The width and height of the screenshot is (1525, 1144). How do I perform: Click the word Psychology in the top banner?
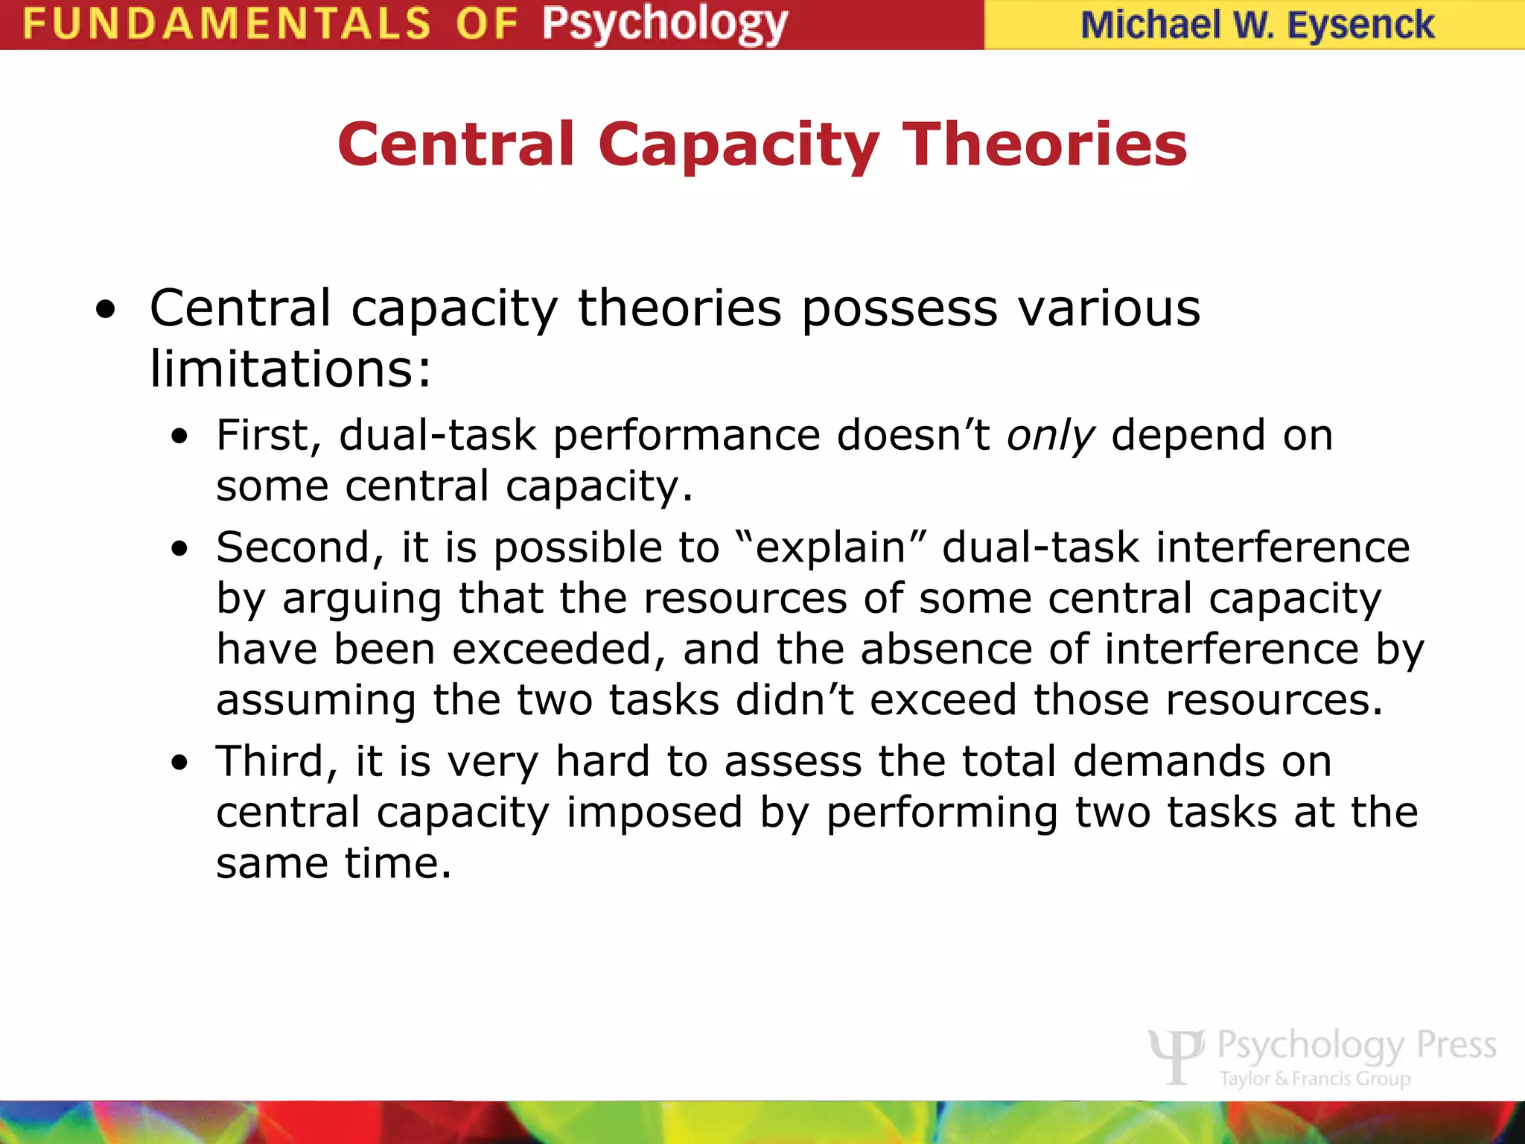coord(664,24)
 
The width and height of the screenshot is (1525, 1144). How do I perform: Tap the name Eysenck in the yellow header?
coord(1360,25)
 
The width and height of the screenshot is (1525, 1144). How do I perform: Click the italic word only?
coord(1051,436)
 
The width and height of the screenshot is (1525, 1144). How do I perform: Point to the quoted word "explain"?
coord(830,547)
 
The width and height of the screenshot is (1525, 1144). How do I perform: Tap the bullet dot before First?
coord(179,437)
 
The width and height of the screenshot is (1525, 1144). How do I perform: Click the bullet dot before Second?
coord(179,550)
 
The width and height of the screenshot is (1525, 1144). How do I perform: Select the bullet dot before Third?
coord(179,763)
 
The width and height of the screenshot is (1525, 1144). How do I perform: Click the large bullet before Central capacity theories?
coord(106,311)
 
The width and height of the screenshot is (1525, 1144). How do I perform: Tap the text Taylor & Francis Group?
coord(1315,1078)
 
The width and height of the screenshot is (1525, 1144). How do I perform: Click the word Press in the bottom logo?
coord(1456,1045)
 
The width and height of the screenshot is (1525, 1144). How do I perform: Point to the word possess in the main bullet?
coord(900,308)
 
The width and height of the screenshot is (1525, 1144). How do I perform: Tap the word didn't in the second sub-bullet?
coord(795,700)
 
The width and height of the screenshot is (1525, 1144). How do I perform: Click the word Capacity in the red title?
coord(739,144)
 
